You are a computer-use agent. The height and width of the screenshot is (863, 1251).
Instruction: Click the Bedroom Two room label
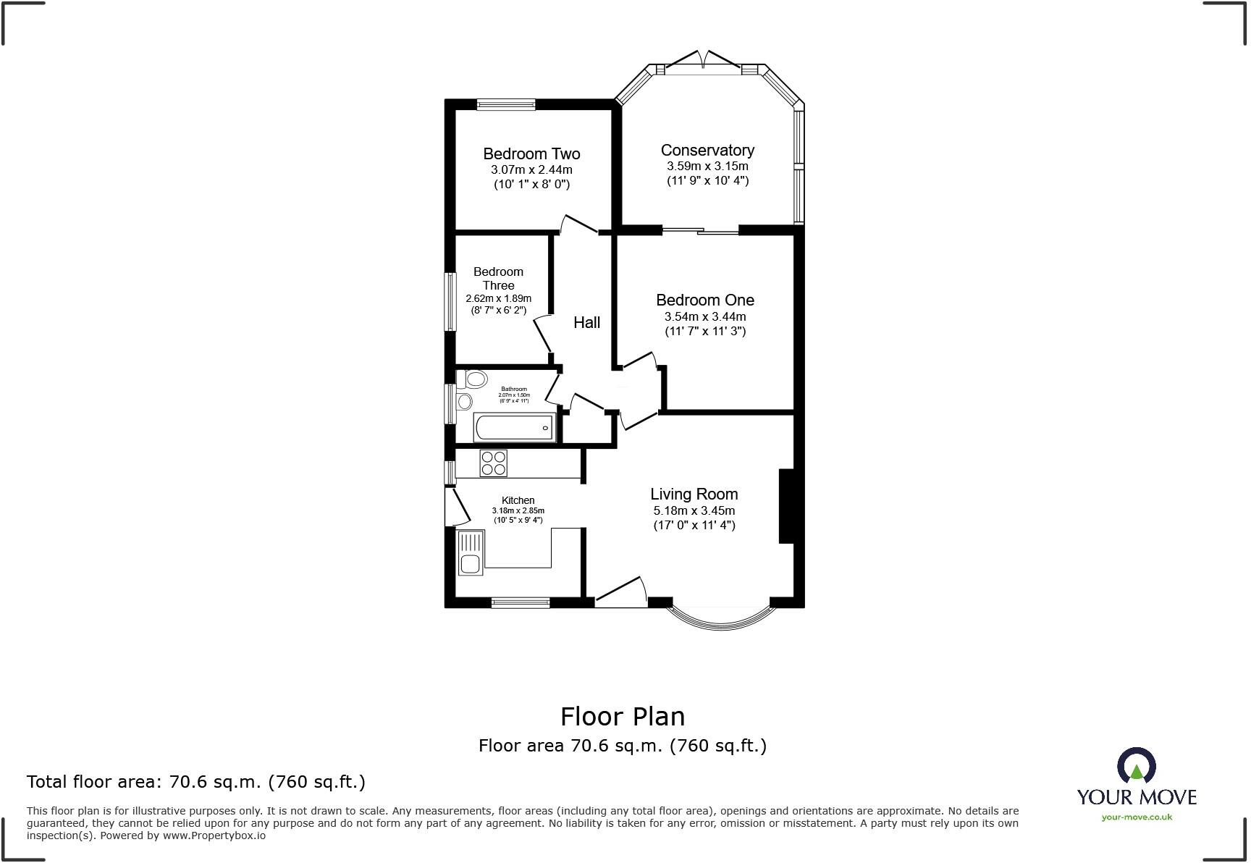pyautogui.click(x=531, y=153)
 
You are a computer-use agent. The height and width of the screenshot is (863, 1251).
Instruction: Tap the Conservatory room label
pyautogui.click(x=707, y=150)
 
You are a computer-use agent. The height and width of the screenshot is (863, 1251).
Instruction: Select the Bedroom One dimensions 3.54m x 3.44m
pyautogui.click(x=704, y=316)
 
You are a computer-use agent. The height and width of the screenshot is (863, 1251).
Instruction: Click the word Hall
pyautogui.click(x=586, y=322)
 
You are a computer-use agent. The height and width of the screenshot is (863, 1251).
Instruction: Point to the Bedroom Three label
pyautogui.click(x=498, y=278)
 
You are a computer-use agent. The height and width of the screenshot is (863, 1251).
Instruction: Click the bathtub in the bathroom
pyautogui.click(x=513, y=427)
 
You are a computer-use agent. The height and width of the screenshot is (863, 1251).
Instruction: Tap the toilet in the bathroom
pyautogui.click(x=473, y=379)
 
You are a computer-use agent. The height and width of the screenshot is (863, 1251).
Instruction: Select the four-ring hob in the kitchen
pyautogui.click(x=493, y=463)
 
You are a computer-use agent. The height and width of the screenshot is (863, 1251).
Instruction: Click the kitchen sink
pyautogui.click(x=470, y=554)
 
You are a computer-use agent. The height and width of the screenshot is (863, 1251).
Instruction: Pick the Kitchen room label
pyautogui.click(x=518, y=500)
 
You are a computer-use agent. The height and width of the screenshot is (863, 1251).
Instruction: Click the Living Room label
pyautogui.click(x=694, y=494)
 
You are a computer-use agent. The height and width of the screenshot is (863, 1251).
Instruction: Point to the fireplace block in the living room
pyautogui.click(x=786, y=506)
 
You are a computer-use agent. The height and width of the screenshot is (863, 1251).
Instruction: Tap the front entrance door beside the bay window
pyautogui.click(x=621, y=594)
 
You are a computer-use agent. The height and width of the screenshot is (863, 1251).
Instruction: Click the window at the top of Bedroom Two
pyautogui.click(x=506, y=104)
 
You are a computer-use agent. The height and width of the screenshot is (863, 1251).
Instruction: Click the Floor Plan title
pyautogui.click(x=622, y=716)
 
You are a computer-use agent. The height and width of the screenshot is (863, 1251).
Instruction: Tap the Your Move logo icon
pyautogui.click(x=1136, y=765)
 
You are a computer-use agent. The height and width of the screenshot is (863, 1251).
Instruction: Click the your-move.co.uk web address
pyautogui.click(x=1136, y=817)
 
